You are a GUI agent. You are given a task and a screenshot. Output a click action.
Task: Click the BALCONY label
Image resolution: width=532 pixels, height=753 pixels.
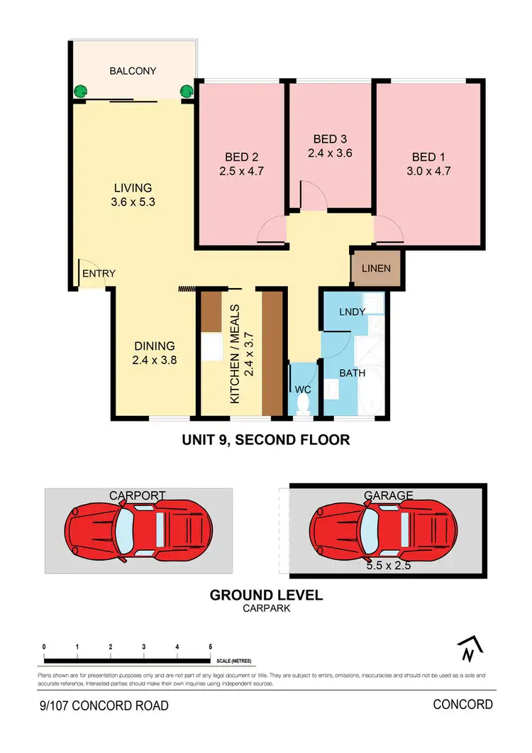point(133,71)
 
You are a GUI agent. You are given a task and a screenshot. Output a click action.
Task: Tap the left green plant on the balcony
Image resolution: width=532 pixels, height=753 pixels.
point(81,91)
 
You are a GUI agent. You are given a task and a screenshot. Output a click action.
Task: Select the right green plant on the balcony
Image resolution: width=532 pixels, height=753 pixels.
point(187,91)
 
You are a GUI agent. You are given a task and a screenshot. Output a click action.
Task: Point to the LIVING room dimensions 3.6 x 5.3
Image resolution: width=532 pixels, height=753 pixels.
point(133,202)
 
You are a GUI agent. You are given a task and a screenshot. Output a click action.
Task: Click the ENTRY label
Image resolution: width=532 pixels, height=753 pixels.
point(99,273)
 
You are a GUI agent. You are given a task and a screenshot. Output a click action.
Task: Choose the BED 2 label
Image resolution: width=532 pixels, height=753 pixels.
point(236,157)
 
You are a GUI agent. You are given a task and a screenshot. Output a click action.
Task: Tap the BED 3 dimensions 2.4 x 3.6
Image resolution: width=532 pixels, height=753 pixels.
point(330,153)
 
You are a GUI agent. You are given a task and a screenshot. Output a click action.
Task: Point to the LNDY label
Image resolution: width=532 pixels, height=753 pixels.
point(352,312)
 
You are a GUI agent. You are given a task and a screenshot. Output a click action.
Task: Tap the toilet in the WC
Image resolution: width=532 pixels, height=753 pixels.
point(304,404)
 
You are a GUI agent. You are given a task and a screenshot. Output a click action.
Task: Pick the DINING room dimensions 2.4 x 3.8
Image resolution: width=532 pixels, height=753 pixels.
point(155,360)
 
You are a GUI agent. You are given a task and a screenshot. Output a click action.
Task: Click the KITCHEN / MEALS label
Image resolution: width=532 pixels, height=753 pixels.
point(235,354)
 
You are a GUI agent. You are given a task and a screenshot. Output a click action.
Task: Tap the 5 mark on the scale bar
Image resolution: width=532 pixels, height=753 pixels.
point(211,647)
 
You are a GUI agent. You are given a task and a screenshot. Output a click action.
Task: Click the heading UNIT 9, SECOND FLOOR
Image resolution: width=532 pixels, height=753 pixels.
point(266,440)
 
